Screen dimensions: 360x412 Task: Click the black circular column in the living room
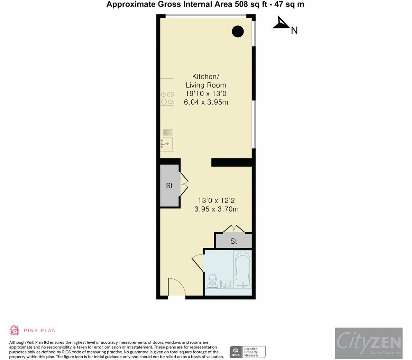(238, 31)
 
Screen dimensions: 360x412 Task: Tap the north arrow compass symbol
(282, 24)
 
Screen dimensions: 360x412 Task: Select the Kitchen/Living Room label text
(206, 81)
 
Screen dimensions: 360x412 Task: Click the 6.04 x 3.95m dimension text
(206, 102)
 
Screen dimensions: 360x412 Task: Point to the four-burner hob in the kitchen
(167, 98)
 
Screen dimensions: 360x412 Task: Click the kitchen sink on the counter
(167, 143)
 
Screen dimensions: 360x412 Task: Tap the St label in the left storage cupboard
(169, 186)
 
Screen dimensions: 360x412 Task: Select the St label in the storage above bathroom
(234, 241)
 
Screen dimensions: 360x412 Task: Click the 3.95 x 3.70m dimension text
(216, 209)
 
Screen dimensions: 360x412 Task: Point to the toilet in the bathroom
(212, 281)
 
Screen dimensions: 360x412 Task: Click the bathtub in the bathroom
(242, 270)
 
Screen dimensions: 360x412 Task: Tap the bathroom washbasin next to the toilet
(226, 284)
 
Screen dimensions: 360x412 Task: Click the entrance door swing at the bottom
(176, 287)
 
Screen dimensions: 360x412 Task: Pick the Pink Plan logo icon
(14, 330)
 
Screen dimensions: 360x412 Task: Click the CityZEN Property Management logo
(368, 343)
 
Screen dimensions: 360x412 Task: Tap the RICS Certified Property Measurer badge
(248, 352)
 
